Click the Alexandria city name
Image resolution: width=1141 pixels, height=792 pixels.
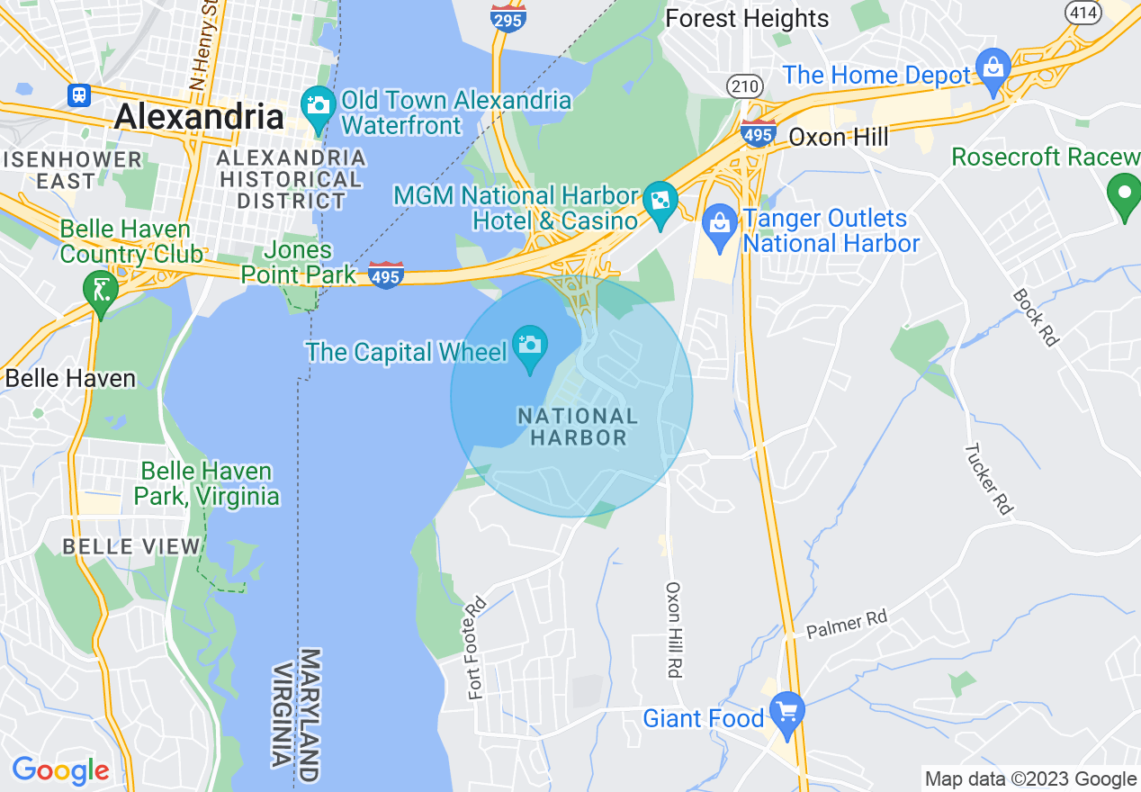(199, 117)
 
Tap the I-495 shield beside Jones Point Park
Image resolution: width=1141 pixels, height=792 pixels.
(385, 275)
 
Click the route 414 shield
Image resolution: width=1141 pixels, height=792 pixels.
(1080, 11)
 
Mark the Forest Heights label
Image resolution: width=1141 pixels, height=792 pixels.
(747, 18)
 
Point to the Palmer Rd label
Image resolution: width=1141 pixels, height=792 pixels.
(846, 624)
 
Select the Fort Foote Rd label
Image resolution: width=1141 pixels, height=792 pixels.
(477, 648)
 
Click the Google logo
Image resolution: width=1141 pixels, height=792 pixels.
(60, 770)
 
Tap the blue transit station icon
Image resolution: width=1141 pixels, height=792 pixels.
(79, 94)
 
